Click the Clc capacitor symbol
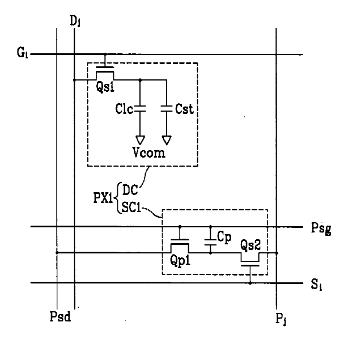point(140,108)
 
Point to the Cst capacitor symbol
point(166,108)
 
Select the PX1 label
point(103,200)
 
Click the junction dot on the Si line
point(250,282)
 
